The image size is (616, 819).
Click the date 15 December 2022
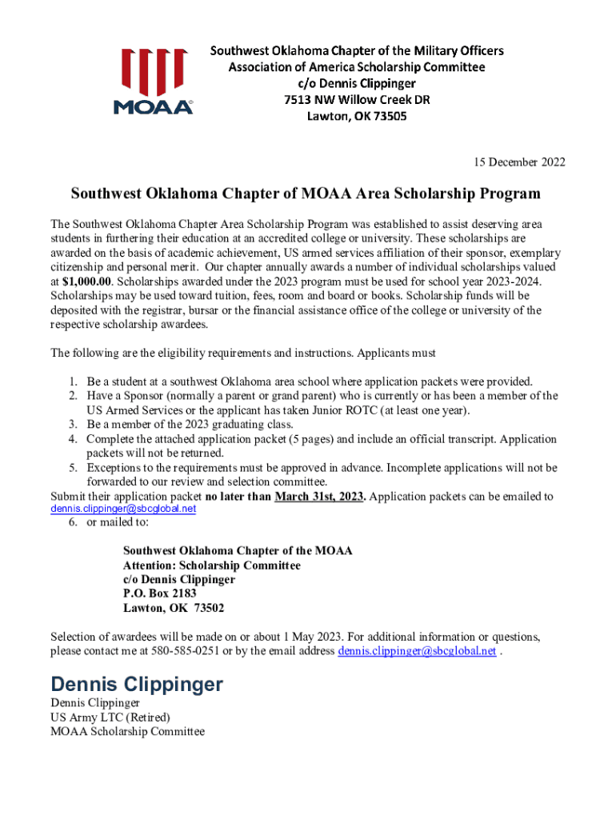tap(519, 162)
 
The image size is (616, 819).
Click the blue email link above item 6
tap(123, 509)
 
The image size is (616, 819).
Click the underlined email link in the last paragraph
tap(416, 651)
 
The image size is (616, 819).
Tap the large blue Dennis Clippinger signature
tap(137, 684)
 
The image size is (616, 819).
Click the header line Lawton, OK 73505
tap(357, 117)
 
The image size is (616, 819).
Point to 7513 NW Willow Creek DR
tap(357, 100)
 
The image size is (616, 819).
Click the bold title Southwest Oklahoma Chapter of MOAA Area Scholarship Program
tap(306, 194)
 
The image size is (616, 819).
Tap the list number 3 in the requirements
tap(72, 425)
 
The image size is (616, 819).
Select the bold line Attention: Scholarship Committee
tap(212, 565)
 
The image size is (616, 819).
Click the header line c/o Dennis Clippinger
tap(357, 83)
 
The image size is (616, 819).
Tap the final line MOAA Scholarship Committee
tap(128, 731)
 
